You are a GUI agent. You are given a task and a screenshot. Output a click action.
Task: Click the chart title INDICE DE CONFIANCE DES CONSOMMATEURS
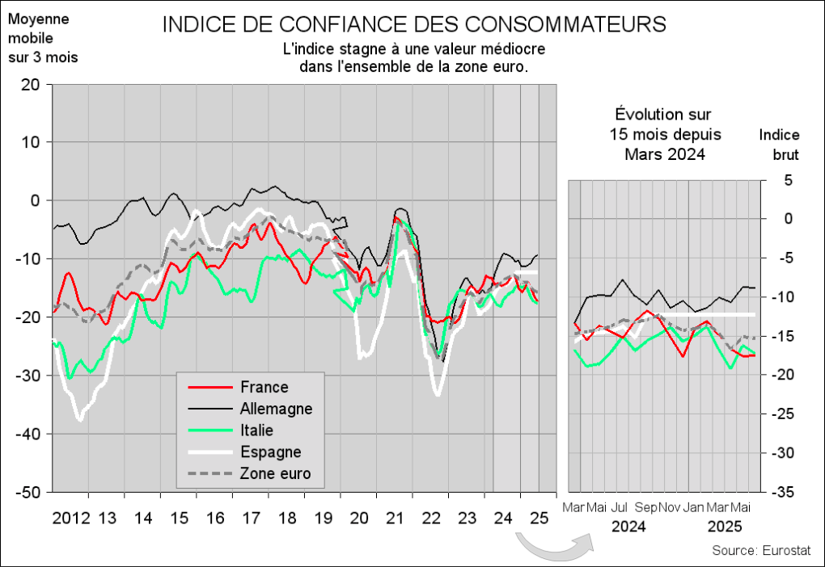click(414, 24)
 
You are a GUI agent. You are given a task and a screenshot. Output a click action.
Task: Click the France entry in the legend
click(264, 388)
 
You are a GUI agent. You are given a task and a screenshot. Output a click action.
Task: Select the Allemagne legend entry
click(276, 409)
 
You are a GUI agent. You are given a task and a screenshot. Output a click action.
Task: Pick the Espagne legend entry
click(271, 451)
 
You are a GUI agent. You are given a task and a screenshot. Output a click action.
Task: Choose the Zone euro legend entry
click(275, 473)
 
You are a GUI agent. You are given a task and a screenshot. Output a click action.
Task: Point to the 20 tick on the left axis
click(31, 84)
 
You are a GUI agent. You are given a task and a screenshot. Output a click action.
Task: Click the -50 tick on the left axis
click(28, 492)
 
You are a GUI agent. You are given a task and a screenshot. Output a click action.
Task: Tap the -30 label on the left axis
click(28, 376)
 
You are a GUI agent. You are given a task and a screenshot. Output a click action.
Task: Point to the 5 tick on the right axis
click(789, 180)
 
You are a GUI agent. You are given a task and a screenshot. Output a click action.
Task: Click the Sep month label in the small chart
click(646, 507)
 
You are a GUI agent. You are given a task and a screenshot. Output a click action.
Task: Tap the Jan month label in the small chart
click(693, 507)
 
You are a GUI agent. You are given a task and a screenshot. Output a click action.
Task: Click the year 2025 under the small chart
click(725, 527)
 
